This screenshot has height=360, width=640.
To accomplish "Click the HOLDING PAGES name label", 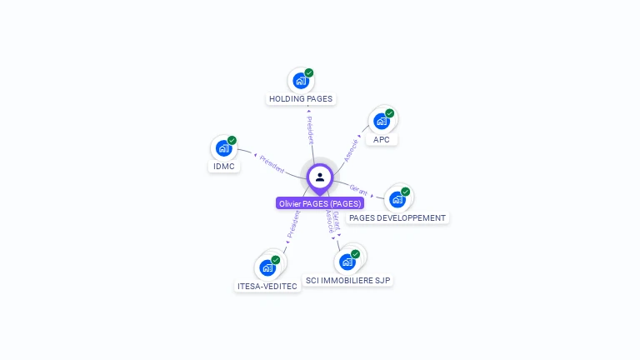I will tap(300, 99).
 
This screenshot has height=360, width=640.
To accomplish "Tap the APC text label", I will tap(382, 139).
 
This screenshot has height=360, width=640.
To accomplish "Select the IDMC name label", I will tap(223, 166).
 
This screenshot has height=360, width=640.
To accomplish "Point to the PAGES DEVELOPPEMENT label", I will tap(397, 218).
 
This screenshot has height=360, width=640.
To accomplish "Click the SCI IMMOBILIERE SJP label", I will tap(348, 281).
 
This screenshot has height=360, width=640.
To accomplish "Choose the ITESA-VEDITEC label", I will tap(267, 287).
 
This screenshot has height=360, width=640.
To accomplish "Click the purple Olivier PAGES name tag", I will tap(320, 203).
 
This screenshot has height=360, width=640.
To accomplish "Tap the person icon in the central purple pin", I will tap(320, 177).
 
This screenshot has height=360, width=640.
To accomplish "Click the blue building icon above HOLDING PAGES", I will tap(300, 82).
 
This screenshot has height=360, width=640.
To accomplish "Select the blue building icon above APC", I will tap(382, 122).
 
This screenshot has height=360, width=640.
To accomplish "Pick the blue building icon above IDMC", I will tap(223, 148).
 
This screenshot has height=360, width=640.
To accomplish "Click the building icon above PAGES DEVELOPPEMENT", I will tap(397, 200).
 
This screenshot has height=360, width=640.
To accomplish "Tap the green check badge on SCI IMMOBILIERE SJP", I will tap(356, 253).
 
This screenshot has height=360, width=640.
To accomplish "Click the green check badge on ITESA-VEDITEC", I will tap(276, 259).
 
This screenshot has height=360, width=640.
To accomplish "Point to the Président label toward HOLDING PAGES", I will tap(309, 128).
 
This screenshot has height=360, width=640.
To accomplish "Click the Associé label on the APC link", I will tap(352, 147).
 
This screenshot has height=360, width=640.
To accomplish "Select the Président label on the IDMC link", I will tap(272, 162).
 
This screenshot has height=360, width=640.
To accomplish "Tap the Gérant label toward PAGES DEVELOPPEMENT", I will tap(359, 189).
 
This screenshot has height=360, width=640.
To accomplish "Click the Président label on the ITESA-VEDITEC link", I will tap(292, 224).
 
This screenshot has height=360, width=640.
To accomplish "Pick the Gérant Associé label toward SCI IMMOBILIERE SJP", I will tap(332, 222).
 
